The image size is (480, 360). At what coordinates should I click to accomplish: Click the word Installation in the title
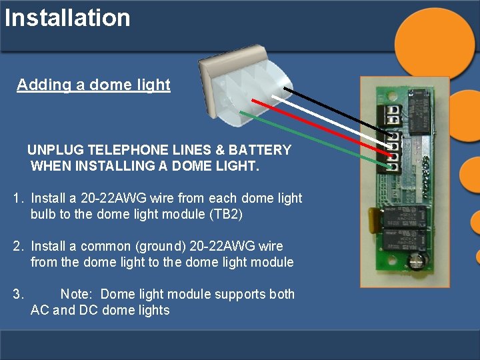[67, 17]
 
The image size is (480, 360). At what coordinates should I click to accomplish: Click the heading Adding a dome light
[93, 85]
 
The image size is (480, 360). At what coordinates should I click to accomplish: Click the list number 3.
[18, 294]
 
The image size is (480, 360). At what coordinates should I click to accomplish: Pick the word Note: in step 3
[78, 294]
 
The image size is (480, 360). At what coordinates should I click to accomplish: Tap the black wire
[333, 110]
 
